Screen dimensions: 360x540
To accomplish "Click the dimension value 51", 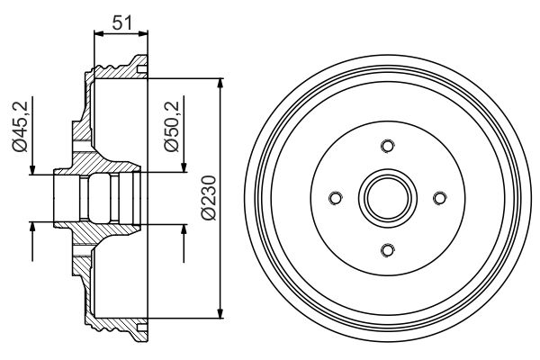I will pos(121,22).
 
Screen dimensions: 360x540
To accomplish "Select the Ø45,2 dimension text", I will pos(17,129).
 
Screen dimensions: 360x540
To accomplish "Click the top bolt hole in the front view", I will pos(387,146).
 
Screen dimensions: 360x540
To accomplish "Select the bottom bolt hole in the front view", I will pos(387,250).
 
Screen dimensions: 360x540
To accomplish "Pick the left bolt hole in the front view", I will pos(335,198).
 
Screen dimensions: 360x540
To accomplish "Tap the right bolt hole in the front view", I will pos(439,198).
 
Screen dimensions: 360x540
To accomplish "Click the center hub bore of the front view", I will pos(387,198).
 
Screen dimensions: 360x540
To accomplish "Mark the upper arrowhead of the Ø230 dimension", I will pos(220,84).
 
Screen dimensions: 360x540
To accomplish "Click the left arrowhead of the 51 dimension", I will pos(98,33).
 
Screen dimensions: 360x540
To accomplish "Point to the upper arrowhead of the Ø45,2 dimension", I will pos(33,169).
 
